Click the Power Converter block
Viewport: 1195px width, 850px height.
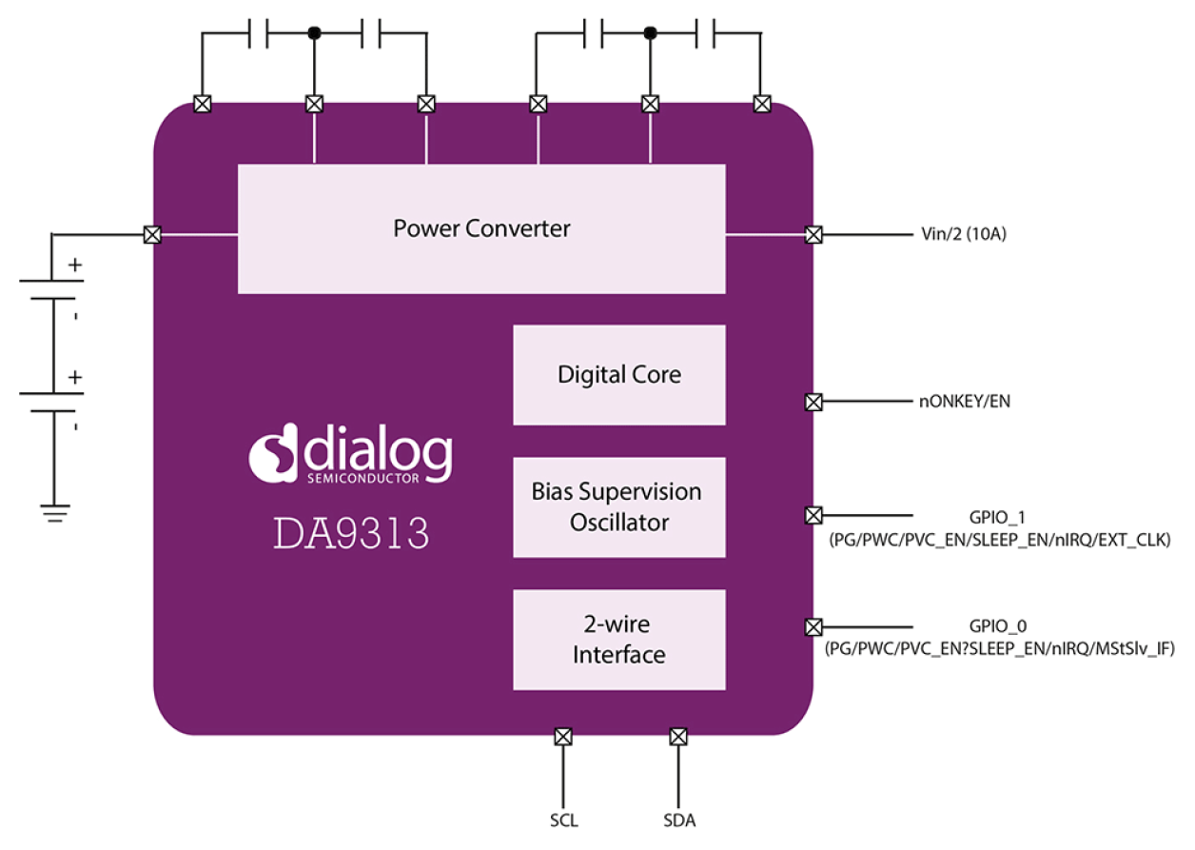click(x=481, y=228)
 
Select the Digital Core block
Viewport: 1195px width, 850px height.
click(x=619, y=374)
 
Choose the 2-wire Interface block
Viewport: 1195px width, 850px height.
click(x=619, y=640)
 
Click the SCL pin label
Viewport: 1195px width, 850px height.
click(x=563, y=820)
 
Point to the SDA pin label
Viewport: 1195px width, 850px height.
click(x=678, y=820)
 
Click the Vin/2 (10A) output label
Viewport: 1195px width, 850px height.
click(x=963, y=234)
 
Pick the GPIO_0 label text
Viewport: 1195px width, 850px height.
click(x=998, y=626)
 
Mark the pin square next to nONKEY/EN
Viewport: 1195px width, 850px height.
click(x=813, y=402)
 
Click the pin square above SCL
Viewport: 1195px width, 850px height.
click(x=563, y=736)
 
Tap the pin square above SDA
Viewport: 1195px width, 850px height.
click(x=678, y=736)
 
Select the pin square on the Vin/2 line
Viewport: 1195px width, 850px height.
click(x=813, y=234)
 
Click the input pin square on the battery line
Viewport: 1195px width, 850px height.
click(x=151, y=234)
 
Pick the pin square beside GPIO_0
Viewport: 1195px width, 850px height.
click(x=813, y=626)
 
